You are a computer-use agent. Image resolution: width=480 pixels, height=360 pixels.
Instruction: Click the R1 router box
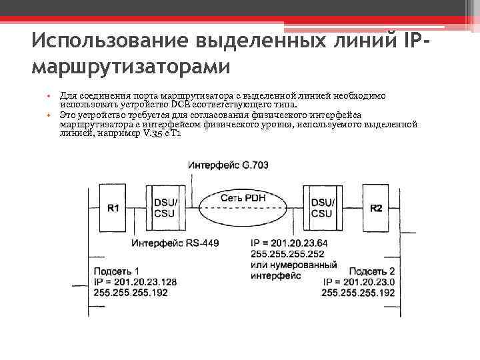113,207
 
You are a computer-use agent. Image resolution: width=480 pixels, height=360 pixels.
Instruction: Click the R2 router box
377,207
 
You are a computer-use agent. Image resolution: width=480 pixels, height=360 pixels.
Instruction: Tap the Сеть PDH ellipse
244,199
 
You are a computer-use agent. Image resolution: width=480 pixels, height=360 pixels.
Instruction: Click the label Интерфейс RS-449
175,243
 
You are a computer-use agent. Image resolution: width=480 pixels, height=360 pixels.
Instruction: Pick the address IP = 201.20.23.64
291,243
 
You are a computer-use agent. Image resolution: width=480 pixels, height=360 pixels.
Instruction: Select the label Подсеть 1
117,271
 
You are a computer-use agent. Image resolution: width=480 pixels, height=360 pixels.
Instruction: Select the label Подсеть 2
372,271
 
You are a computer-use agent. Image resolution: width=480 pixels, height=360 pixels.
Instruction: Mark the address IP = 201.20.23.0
359,281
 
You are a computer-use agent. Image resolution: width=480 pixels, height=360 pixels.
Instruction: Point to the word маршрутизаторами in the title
130,67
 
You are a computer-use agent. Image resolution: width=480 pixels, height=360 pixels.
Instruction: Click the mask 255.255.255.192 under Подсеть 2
358,292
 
